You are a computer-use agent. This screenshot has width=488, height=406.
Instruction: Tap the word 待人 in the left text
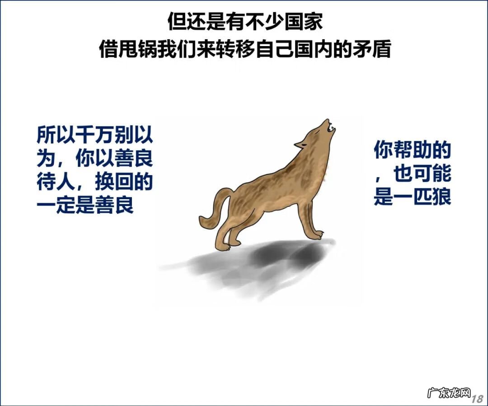pos(56,182)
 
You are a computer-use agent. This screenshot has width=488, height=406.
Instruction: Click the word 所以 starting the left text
pos(56,135)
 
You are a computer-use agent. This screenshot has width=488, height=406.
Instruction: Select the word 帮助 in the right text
pos(412,151)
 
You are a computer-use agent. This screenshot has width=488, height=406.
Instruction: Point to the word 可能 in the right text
pos(432,174)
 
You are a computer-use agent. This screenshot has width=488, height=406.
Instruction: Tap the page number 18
pos(477,399)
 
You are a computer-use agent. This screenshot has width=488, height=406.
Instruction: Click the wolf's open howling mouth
pos(330,127)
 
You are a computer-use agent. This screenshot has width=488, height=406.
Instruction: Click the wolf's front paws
pos(319,235)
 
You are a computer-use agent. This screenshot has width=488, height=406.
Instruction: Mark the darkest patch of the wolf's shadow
pos(271,255)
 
